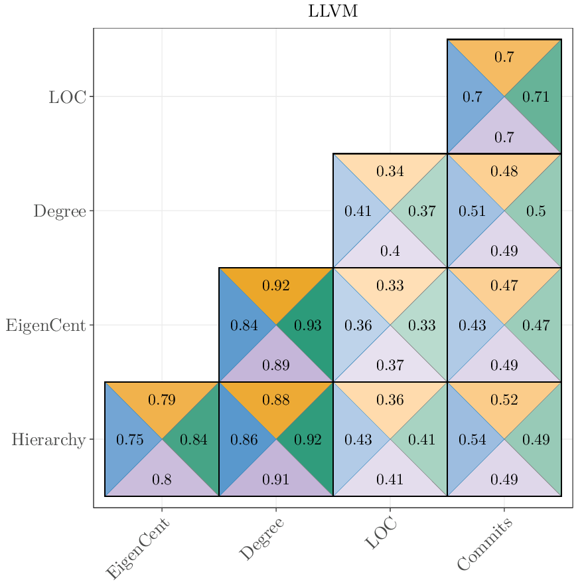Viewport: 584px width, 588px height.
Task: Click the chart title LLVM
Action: pos(333,11)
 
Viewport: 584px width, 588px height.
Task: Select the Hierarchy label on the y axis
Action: pos(48,440)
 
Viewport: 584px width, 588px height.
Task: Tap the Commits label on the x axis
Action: pos(485,545)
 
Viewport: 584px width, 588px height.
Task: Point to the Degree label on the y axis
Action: pos(60,211)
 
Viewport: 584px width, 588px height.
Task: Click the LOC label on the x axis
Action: pos(382,534)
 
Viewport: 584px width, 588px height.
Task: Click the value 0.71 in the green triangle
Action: pos(536,97)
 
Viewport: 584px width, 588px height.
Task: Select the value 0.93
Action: pos(307,326)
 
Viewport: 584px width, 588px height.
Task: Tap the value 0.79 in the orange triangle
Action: pos(161,400)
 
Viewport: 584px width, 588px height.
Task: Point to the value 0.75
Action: pos(129,440)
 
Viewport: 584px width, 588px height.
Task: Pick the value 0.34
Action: pos(390,171)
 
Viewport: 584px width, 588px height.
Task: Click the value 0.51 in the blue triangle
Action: pos(472,211)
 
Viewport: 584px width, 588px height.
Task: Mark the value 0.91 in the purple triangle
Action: pos(275,480)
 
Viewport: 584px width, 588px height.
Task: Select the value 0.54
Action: pos(472,440)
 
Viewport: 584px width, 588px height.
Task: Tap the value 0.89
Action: pos(275,365)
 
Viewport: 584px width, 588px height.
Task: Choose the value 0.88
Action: pos(275,400)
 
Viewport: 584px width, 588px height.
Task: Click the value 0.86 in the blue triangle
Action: pos(244,440)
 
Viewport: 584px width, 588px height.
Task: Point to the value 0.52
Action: pos(504,400)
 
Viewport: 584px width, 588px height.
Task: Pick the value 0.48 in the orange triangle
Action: pos(504,171)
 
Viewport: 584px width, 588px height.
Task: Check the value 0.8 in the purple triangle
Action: pos(161,480)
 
